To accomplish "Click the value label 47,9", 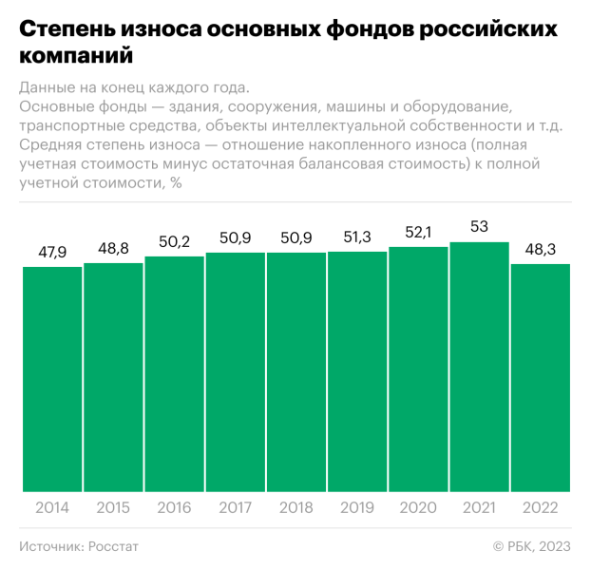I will [52, 253].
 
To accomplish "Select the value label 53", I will [479, 227].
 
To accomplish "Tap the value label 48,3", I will [540, 249].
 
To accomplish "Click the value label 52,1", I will [418, 232].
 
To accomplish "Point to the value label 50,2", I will [174, 241].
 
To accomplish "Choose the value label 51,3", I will [357, 237].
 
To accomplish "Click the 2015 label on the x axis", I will [113, 507].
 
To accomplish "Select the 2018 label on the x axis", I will [296, 507].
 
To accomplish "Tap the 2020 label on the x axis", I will [418, 507].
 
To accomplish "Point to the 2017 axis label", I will [235, 507].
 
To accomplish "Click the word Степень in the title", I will [63, 29].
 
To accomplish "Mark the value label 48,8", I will [113, 248].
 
